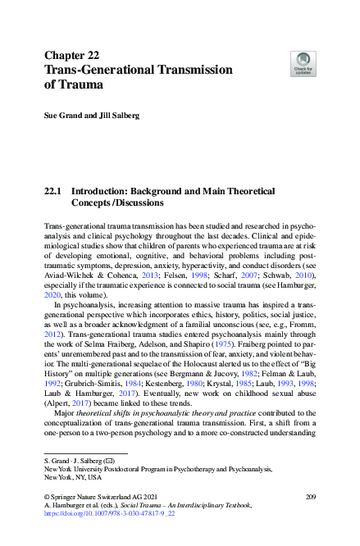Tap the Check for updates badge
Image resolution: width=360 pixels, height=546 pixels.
(303, 63)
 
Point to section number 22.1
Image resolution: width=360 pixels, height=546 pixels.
(52, 189)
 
